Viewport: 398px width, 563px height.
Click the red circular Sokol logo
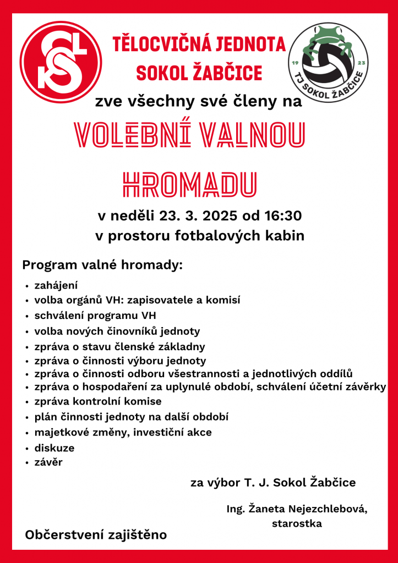(61, 62)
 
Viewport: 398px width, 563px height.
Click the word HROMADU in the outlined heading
(189, 185)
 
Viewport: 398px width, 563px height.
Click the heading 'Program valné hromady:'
(102, 266)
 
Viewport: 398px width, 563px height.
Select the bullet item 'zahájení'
(56, 286)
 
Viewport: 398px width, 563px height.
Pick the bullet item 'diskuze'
(54, 448)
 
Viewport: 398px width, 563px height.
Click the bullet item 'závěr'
(48, 462)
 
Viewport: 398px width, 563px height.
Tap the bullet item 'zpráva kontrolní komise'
(98, 401)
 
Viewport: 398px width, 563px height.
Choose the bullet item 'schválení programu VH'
(95, 316)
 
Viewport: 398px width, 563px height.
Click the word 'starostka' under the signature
(297, 524)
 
